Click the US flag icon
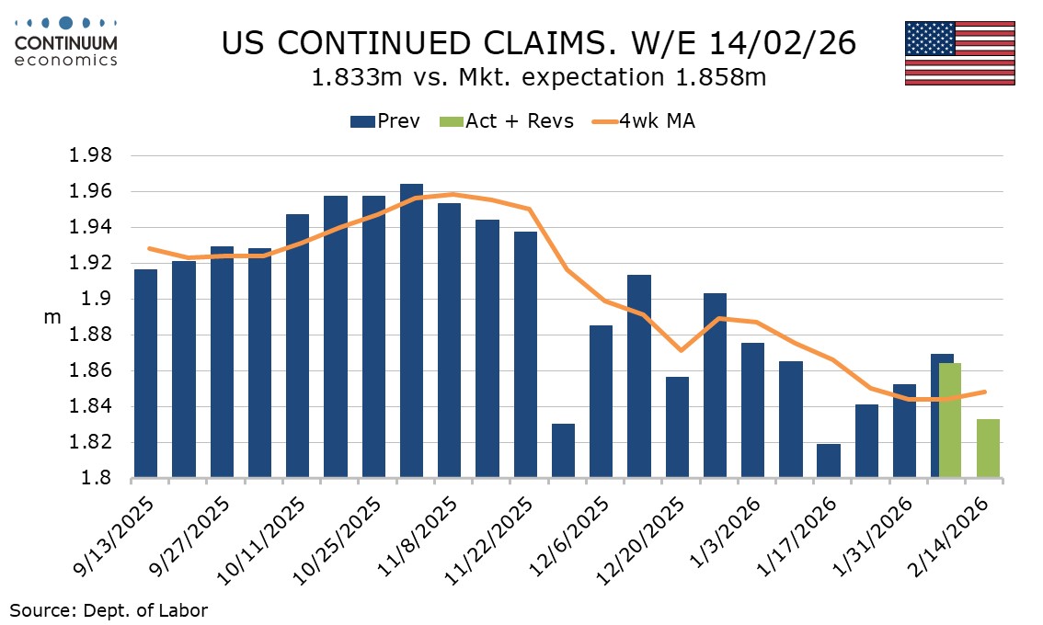pos(959,53)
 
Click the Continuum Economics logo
pos(66,41)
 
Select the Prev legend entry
pos(386,121)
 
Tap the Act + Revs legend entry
pos(509,121)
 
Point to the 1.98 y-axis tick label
pos(90,156)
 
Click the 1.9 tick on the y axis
pos(97,300)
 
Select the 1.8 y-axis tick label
pos(97,479)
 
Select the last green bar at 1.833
pos(988,449)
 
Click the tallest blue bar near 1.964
pos(412,331)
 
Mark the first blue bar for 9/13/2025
pos(145,374)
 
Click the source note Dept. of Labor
pos(109,609)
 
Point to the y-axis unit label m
pos(52,317)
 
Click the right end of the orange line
pos(986,392)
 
